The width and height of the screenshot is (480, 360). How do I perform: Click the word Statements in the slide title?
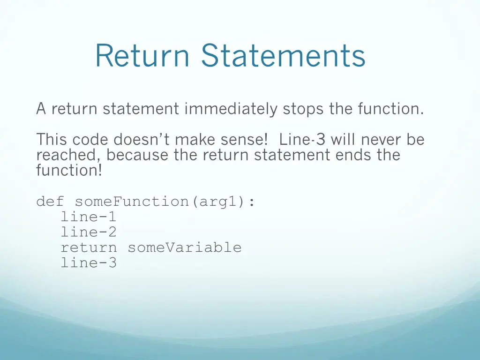283,55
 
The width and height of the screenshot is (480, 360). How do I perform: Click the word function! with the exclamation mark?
69,170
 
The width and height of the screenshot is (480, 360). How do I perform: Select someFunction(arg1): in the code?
165,202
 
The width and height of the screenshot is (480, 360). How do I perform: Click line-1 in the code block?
89,217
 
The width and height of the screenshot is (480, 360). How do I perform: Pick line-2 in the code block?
89,232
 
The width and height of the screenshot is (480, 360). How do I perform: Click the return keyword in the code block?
89,247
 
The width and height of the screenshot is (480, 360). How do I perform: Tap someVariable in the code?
184,247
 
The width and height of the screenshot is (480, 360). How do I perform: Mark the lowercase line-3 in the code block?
89,262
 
